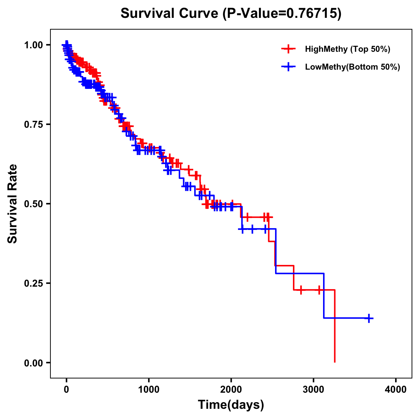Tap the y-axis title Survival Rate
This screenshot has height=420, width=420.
13,204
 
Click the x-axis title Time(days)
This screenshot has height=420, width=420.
231,405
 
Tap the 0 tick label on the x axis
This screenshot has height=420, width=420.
66,390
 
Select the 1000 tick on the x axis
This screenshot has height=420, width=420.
149,390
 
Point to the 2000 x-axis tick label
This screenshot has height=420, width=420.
231,390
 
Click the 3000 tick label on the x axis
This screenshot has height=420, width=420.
314,390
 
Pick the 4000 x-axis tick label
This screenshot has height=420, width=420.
396,390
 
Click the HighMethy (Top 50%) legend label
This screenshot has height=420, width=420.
347,49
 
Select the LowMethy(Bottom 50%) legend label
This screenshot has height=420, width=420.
352,67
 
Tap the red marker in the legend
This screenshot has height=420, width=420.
288,49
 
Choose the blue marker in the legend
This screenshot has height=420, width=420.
288,67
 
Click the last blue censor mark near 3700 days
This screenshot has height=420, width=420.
369,318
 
